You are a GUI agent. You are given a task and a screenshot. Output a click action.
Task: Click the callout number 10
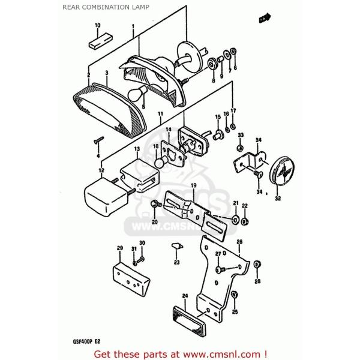pyautogui.click(x=97, y=25)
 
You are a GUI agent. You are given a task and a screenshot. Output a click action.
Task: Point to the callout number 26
pyautogui.click(x=239, y=242)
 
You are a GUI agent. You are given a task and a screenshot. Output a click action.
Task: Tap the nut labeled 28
pyautogui.click(x=257, y=264)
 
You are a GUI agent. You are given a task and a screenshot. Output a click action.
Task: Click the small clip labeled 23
pyautogui.click(x=176, y=246)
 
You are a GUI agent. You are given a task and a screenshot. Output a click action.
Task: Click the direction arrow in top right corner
pyautogui.click(x=263, y=20)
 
